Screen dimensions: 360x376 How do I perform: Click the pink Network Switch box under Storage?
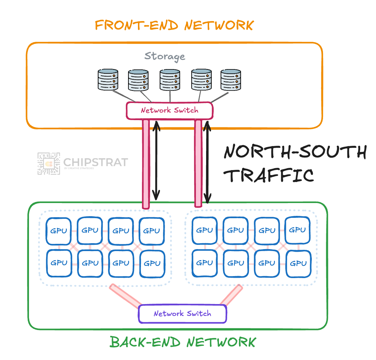point(170,111)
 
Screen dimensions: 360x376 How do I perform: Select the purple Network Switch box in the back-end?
point(182,314)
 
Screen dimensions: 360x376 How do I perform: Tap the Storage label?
point(165,56)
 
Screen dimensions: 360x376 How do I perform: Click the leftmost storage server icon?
point(108,80)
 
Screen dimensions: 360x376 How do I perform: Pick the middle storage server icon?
point(170,80)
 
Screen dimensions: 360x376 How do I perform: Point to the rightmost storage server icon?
point(230,80)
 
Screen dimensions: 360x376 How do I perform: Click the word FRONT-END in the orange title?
point(137,25)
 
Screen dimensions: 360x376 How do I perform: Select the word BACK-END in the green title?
point(145,342)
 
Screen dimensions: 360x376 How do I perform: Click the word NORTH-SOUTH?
point(295,152)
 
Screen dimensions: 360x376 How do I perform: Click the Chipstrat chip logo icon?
point(49,164)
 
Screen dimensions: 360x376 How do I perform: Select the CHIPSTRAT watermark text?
point(95,162)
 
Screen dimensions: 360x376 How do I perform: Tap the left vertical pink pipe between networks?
point(146,164)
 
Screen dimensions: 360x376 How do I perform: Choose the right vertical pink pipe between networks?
point(198,163)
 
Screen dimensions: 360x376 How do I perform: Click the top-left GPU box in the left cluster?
point(59,231)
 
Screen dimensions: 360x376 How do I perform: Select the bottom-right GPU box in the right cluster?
point(298,264)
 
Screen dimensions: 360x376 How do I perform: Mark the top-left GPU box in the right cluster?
point(204,230)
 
